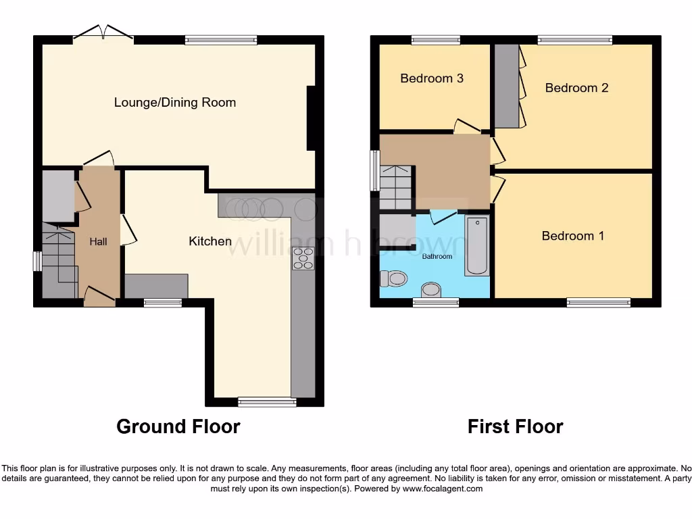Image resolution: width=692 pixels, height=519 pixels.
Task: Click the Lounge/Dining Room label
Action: coord(175,103)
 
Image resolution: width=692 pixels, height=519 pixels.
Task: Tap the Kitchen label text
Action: coord(210,241)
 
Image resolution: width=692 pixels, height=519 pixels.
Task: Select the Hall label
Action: coord(99,241)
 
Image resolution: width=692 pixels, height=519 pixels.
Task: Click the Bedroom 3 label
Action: coord(431,78)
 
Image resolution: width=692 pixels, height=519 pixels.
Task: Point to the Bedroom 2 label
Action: coord(576,88)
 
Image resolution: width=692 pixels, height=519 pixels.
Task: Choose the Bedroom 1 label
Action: coord(572,236)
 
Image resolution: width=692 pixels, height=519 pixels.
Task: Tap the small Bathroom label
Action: coord(437,257)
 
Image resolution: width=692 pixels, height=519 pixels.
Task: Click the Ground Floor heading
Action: coord(178,426)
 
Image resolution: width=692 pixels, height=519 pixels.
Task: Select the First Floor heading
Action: coord(515,426)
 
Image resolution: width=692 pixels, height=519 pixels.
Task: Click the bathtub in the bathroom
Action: coord(476,246)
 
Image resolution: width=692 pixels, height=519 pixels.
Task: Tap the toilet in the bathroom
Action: coord(393,278)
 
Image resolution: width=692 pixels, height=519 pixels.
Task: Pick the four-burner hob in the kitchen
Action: coord(303,259)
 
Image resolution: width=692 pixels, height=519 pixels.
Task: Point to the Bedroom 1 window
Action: coord(598,303)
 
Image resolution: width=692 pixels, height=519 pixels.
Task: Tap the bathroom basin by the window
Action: coord(430,291)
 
